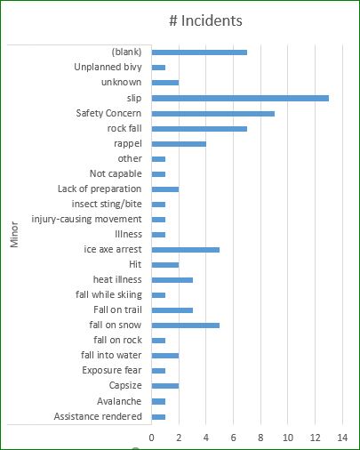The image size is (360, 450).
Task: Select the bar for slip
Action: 240,98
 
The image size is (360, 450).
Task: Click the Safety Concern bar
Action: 213,113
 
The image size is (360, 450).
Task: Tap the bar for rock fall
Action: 199,128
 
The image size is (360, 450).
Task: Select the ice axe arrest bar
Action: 186,250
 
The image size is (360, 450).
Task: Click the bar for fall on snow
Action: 186,325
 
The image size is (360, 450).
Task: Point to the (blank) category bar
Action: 199,52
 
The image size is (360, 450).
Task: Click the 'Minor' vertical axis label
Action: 16,235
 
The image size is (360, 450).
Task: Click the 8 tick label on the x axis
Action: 260,438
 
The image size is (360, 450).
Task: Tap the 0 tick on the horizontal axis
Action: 152,438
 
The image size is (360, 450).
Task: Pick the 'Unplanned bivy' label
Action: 108,68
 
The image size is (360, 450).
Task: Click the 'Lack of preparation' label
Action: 99,189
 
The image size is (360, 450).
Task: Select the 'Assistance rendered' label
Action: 97,416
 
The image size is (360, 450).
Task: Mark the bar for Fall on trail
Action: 172,310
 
